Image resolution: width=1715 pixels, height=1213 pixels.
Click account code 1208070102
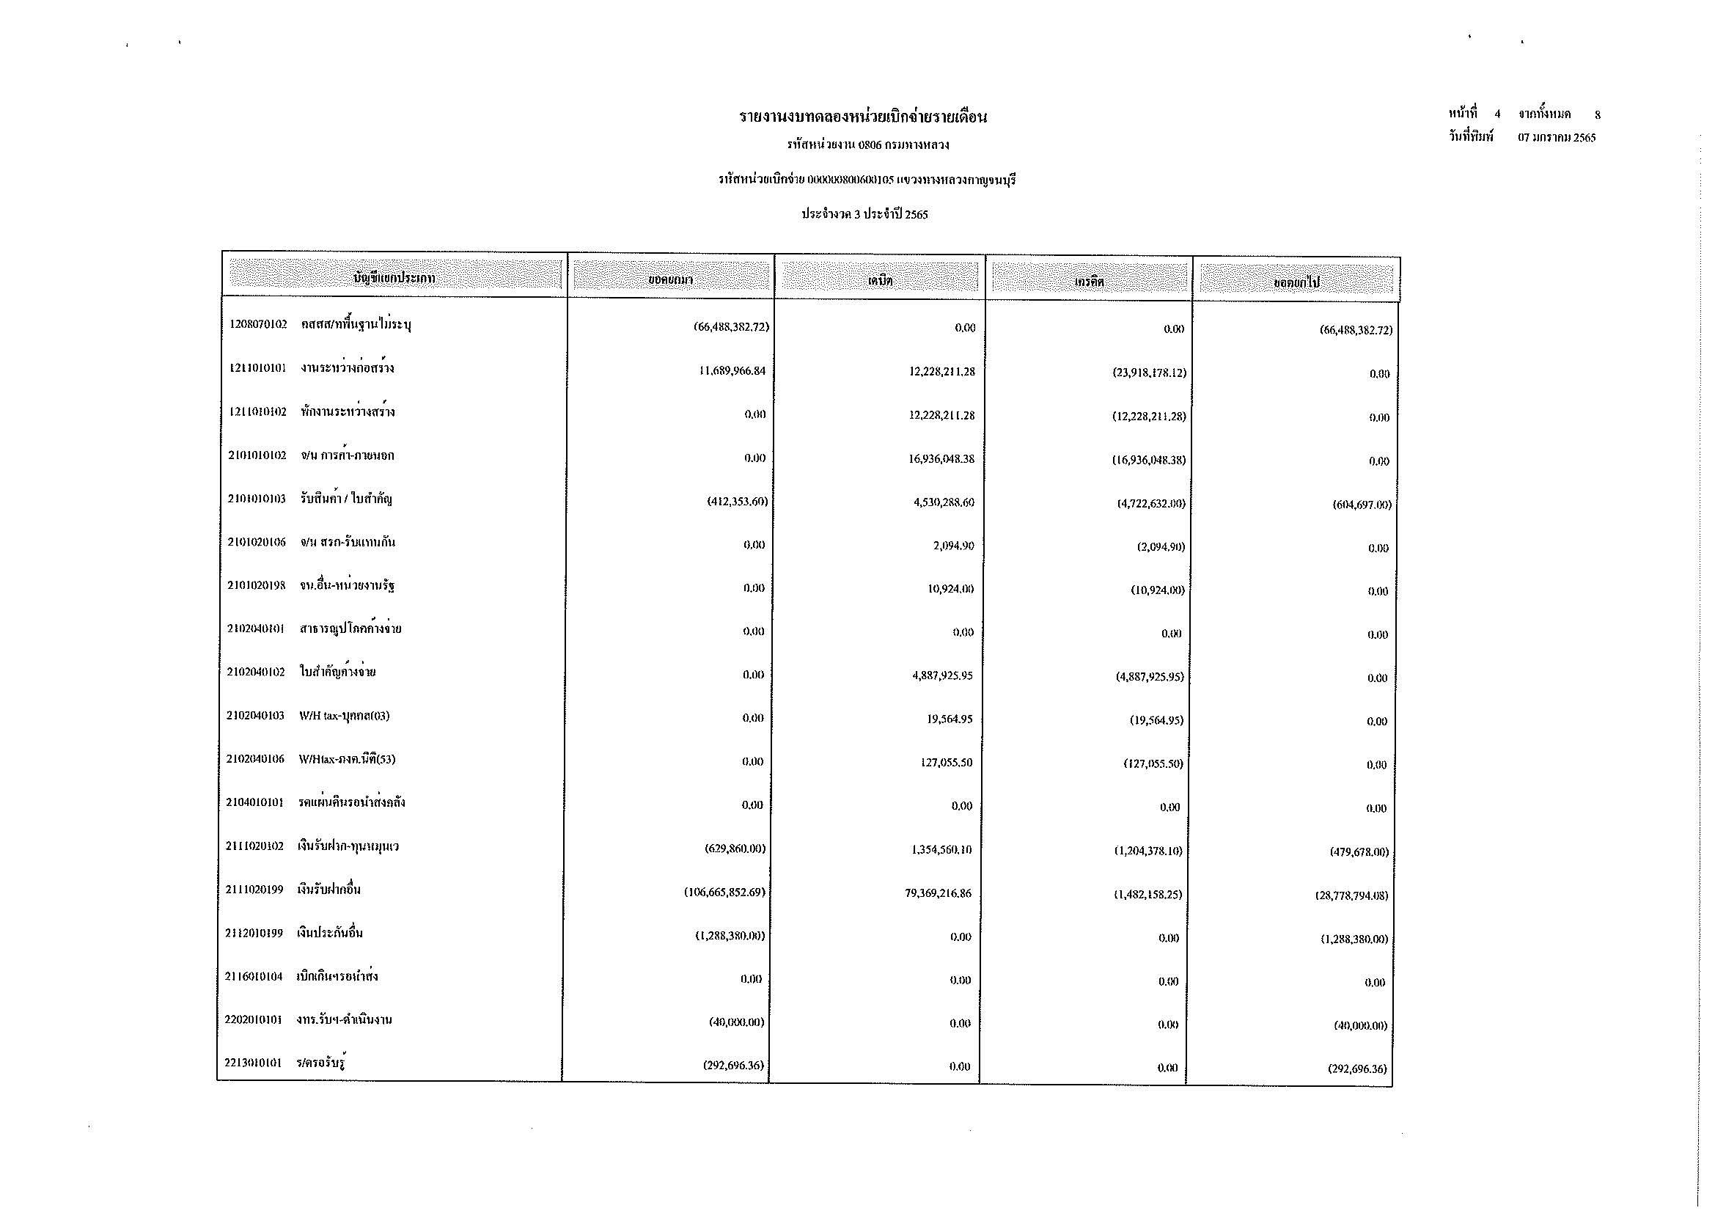tap(258, 325)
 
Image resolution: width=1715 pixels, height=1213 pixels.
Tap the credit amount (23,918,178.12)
tap(1149, 373)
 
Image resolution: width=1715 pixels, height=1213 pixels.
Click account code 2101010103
tap(257, 499)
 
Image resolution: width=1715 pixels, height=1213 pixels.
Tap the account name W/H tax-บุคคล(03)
tap(345, 716)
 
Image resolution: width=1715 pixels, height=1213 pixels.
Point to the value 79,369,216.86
tap(939, 893)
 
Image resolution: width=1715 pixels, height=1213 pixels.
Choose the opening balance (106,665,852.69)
tap(724, 892)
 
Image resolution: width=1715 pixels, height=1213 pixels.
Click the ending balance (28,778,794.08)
tap(1351, 895)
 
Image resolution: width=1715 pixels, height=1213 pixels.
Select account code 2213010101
tap(253, 1063)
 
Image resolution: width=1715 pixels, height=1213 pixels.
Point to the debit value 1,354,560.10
tap(941, 849)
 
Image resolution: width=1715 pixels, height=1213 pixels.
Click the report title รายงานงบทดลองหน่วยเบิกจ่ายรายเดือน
tap(863, 117)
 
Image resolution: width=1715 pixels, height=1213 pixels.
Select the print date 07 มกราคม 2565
tap(1557, 137)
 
